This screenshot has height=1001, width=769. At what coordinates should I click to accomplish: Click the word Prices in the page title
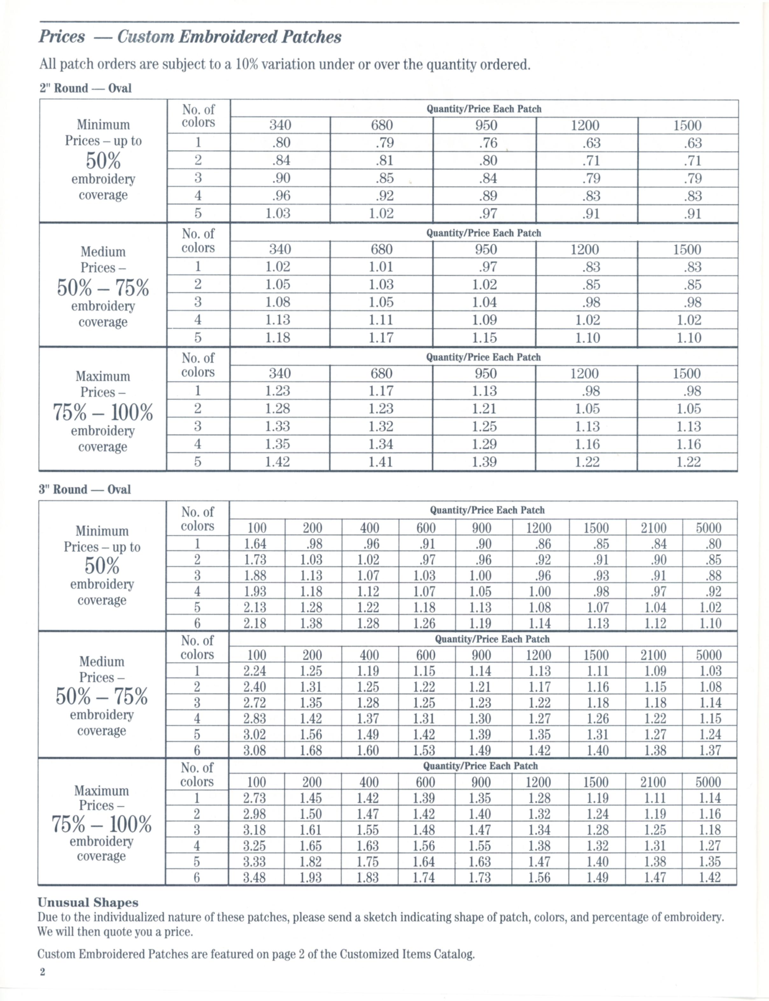(62, 37)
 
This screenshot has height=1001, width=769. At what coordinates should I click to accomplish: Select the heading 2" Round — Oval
(86, 88)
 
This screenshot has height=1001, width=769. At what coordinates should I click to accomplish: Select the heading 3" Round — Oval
(85, 489)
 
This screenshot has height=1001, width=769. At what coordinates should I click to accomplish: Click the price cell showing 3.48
(255, 878)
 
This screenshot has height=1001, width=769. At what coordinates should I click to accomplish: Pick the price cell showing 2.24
(255, 671)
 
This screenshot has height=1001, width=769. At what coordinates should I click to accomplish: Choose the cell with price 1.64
(255, 544)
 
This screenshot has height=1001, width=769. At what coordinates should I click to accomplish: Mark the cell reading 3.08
(255, 750)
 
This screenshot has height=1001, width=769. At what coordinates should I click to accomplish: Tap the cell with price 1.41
(381, 462)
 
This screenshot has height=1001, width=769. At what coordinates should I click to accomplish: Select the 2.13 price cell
(255, 607)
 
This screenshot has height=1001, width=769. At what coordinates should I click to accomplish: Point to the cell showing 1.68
(311, 750)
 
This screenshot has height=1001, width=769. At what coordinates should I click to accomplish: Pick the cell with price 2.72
(255, 703)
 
